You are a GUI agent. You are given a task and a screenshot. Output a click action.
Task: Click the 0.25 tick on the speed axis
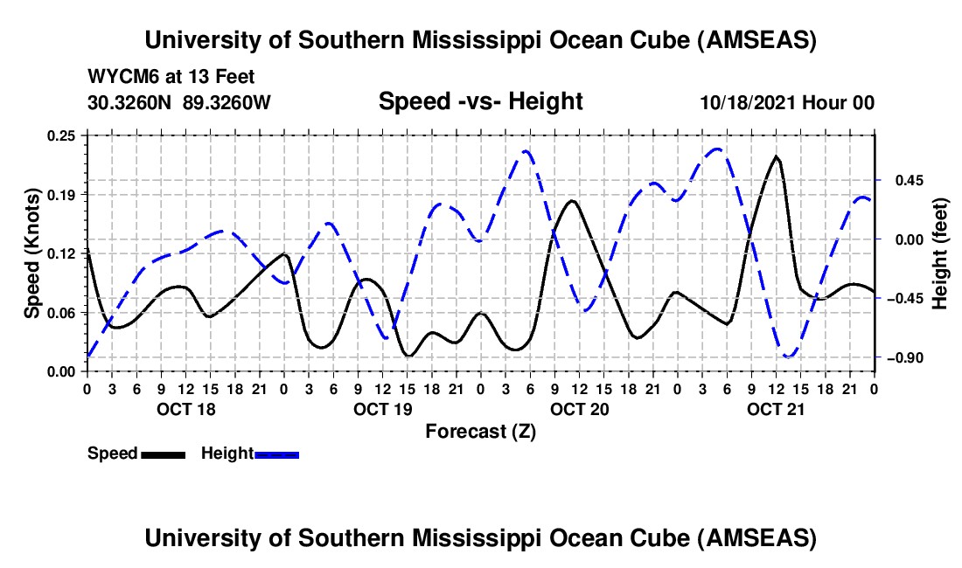pyautogui.click(x=66, y=135)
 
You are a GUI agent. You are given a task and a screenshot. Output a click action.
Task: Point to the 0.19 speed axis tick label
pyautogui.click(x=66, y=194)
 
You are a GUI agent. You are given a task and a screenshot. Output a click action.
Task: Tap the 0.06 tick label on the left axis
pyautogui.click(x=66, y=313)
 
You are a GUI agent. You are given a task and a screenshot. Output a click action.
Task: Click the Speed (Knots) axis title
pyautogui.click(x=31, y=253)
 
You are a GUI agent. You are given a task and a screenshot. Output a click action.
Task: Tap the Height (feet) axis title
pyautogui.click(x=940, y=253)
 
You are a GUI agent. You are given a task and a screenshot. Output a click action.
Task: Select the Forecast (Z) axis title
pyautogui.click(x=480, y=431)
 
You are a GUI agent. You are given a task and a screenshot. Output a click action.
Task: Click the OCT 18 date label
pyautogui.click(x=186, y=409)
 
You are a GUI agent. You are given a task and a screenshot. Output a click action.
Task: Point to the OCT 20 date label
pyautogui.click(x=580, y=409)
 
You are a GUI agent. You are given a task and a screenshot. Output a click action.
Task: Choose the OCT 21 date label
pyautogui.click(x=777, y=409)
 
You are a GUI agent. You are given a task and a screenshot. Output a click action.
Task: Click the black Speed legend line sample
pyautogui.click(x=162, y=454)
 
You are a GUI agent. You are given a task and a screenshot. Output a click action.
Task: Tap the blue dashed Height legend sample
pyautogui.click(x=276, y=454)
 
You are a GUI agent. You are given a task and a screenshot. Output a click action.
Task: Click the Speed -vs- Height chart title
pyautogui.click(x=480, y=102)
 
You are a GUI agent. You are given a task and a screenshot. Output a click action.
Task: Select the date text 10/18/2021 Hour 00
pyautogui.click(x=787, y=103)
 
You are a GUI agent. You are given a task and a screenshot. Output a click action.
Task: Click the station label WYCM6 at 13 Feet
pyautogui.click(x=171, y=77)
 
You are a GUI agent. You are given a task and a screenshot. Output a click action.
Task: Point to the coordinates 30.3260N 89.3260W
pyautogui.click(x=179, y=103)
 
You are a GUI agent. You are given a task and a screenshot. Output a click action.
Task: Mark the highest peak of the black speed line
pyautogui.click(x=776, y=156)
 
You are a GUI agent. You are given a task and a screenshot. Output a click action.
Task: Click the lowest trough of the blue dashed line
pyautogui.click(x=788, y=357)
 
